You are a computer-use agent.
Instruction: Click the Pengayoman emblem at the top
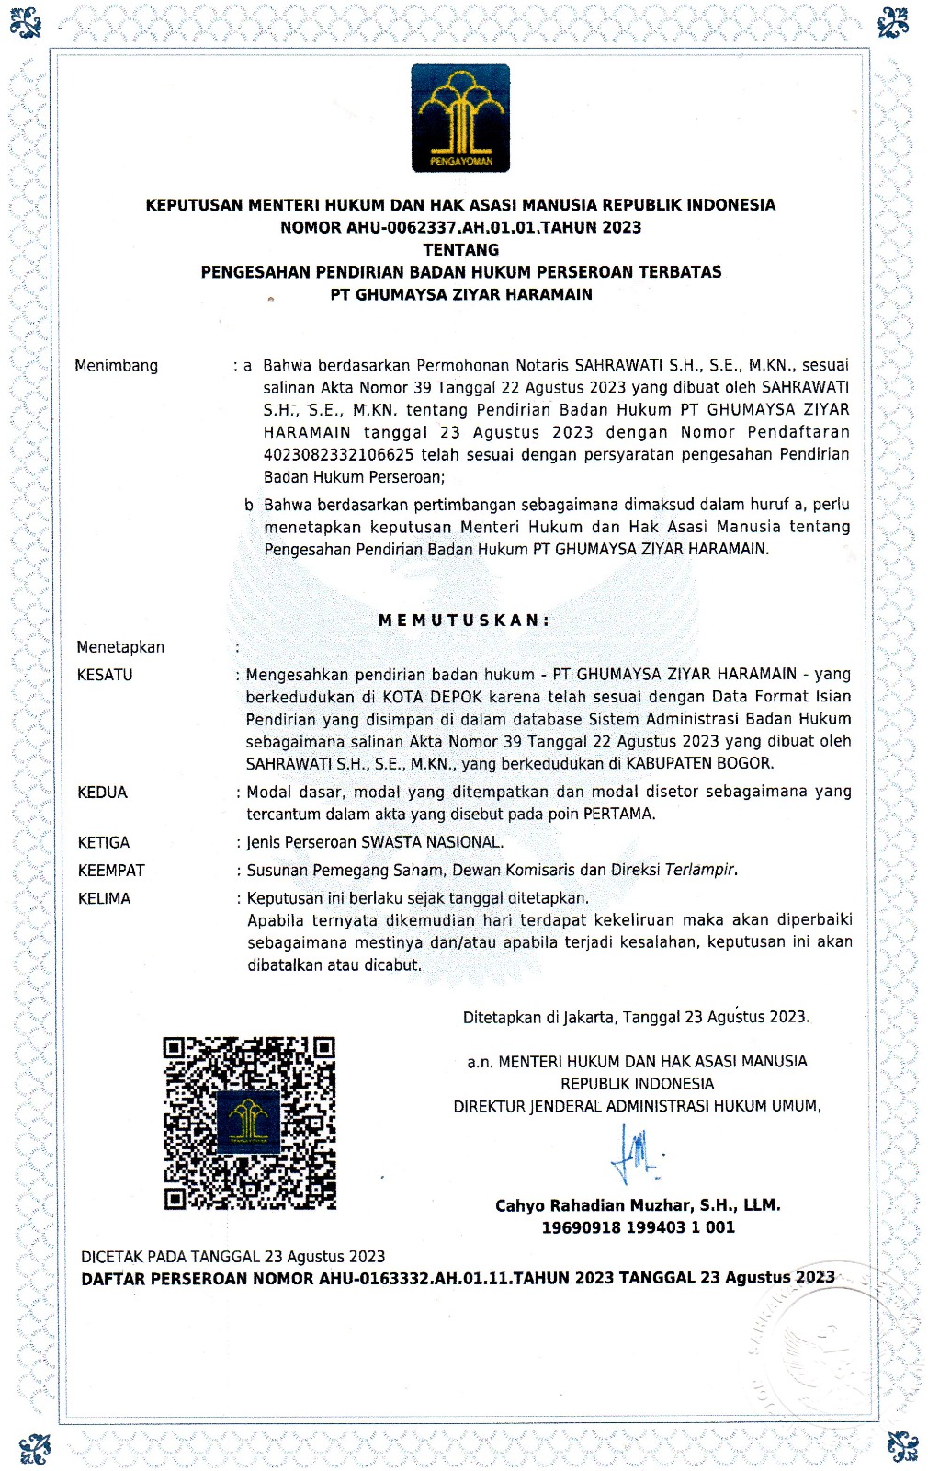tap(460, 118)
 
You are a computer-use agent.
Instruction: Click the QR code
tap(249, 1123)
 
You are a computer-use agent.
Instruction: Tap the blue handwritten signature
tap(635, 1155)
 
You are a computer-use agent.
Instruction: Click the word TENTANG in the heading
tap(461, 250)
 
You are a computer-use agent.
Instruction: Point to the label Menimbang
tap(117, 366)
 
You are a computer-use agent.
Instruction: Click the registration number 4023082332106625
tap(339, 455)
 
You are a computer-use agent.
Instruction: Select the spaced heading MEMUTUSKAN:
tap(464, 621)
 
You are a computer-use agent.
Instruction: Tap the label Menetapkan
tap(120, 647)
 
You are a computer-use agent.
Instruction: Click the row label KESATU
tap(105, 675)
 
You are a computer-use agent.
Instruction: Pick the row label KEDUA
tap(102, 793)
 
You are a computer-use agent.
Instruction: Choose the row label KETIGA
tap(104, 842)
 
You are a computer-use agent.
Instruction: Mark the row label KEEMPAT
tap(111, 871)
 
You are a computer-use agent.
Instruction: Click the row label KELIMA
tap(104, 898)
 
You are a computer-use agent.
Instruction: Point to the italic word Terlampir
tap(700, 870)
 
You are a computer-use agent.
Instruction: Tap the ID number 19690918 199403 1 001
tap(638, 1227)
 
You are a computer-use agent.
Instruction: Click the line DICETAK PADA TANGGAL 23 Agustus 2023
tap(233, 1257)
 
